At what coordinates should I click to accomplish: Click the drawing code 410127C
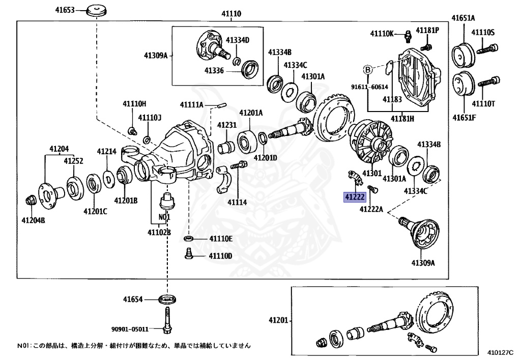point(501,352)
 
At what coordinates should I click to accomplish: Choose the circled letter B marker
point(367,69)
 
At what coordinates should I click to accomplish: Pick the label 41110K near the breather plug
point(382,34)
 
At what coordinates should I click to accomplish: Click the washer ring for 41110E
point(188,238)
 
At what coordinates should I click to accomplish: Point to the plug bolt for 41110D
point(188,254)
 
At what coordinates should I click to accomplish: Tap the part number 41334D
point(238,40)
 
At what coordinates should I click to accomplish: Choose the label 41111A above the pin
point(191,105)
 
